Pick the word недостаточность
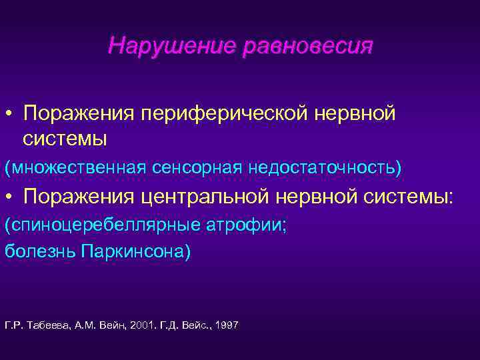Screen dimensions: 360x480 tap(325, 167)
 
